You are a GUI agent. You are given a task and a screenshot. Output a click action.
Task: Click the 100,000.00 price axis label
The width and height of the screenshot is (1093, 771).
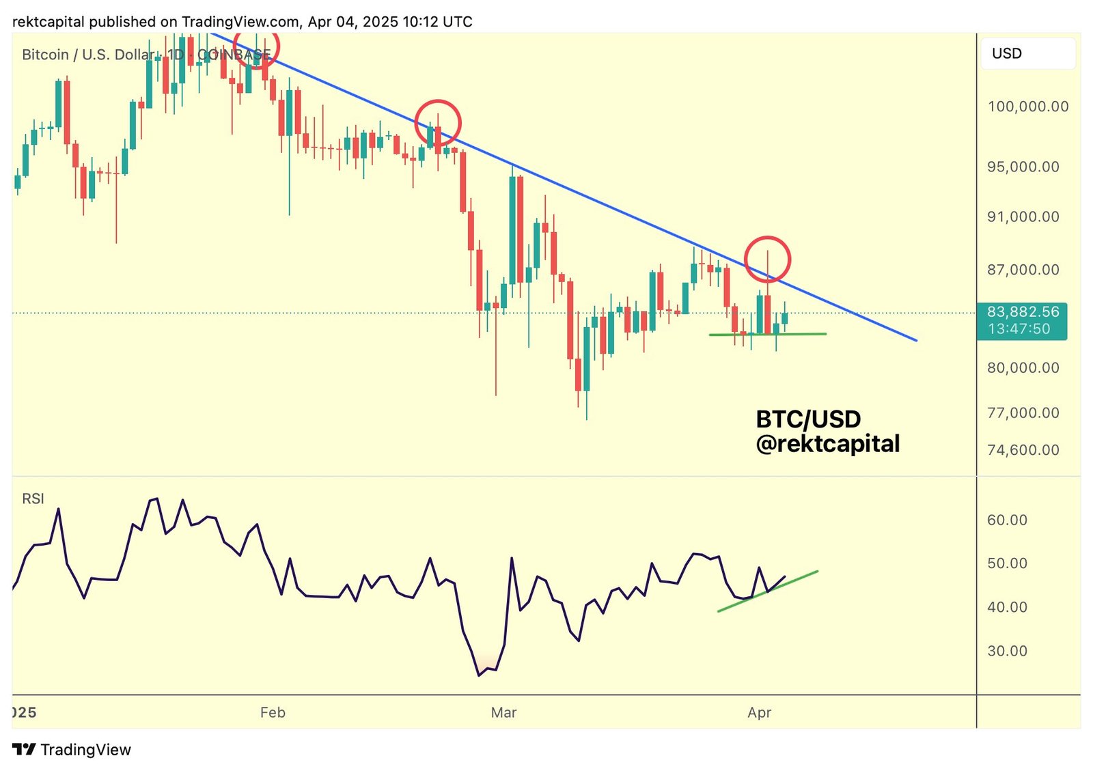tap(1027, 107)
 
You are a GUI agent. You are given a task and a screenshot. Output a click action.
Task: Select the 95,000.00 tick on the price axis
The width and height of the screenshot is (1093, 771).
tap(1023, 167)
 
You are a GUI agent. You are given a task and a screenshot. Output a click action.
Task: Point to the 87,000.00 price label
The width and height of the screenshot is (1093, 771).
tap(1023, 270)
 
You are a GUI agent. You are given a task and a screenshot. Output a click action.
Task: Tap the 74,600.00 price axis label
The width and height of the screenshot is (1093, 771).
tap(1023, 450)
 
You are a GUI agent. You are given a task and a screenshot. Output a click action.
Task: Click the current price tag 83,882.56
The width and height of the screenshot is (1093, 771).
tap(1023, 312)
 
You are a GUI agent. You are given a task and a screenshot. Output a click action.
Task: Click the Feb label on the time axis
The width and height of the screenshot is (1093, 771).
tap(273, 712)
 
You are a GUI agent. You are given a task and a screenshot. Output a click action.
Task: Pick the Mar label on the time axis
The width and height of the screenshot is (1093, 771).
tap(503, 712)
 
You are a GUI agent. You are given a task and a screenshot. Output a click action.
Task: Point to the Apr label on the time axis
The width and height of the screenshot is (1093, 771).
tap(759, 712)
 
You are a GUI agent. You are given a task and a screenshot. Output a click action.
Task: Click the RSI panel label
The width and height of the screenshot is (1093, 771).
tap(33, 499)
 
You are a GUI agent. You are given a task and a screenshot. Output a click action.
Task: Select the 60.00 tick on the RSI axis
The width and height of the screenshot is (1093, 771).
tap(1007, 520)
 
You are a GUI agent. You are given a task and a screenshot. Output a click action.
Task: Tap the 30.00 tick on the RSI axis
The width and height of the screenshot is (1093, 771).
tap(1007, 651)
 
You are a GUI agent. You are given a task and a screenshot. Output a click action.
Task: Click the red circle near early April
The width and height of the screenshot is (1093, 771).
tap(767, 260)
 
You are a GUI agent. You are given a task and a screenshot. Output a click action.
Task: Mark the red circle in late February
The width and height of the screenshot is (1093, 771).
tap(438, 123)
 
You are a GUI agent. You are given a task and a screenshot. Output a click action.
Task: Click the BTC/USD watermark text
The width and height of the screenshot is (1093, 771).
tap(808, 419)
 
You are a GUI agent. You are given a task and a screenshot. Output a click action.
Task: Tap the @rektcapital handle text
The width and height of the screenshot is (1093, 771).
tap(827, 444)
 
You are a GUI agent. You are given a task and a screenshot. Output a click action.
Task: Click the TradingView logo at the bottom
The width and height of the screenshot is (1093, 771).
tap(72, 749)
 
